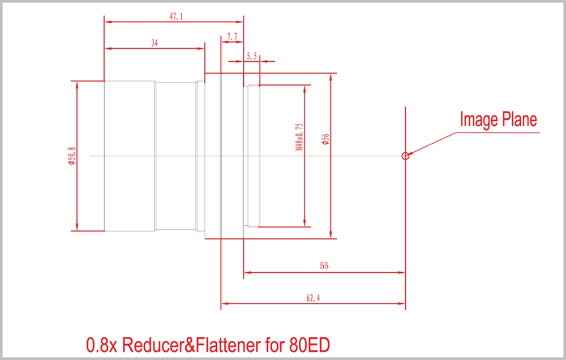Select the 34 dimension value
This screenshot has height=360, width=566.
coord(155,43)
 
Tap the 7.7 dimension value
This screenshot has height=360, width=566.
coord(232,37)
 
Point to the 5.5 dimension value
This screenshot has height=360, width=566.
coord(252,56)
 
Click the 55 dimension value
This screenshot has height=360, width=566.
coord(324,265)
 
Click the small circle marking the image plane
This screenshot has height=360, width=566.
coord(405,156)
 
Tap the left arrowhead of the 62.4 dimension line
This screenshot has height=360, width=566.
coord(224,304)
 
